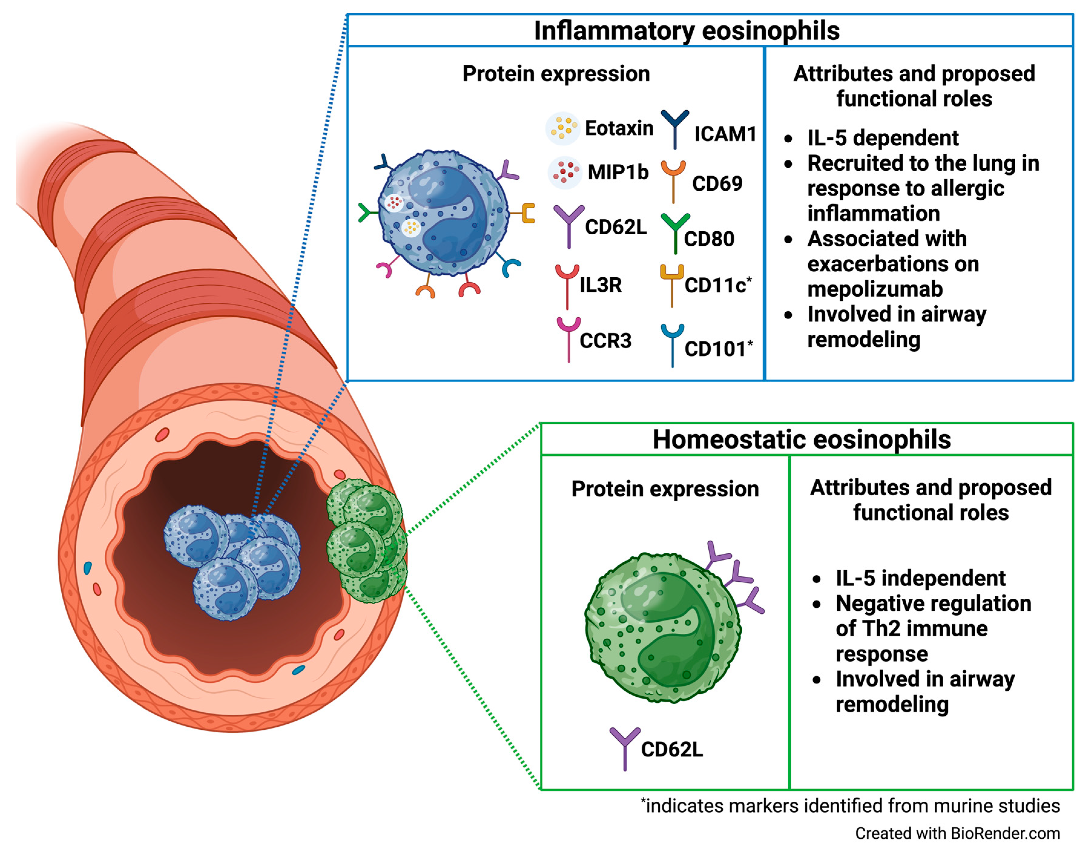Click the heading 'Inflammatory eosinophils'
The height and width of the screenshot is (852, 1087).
(x=687, y=31)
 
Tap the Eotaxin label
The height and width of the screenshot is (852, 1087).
(x=619, y=128)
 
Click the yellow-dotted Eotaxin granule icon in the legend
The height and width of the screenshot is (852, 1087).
(x=563, y=128)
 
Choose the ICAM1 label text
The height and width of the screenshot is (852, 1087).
(x=725, y=134)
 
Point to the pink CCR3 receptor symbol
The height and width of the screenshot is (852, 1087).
(x=568, y=338)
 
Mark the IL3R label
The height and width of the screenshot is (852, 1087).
(x=600, y=285)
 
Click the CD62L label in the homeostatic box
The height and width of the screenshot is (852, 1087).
(x=671, y=749)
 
